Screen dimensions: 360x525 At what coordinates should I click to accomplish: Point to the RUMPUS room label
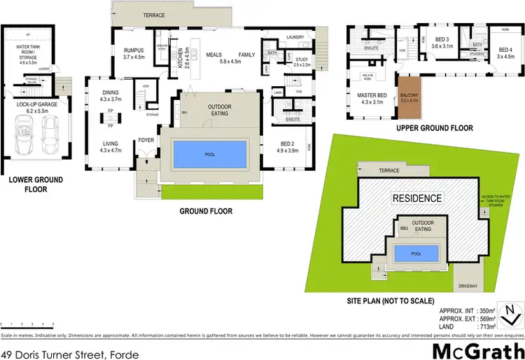coord(133,54)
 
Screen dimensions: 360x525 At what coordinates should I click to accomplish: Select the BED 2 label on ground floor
coord(288,146)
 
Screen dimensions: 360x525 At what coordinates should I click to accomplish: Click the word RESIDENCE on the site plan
coord(416,198)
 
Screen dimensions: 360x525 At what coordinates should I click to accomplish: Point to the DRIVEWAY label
coord(468,286)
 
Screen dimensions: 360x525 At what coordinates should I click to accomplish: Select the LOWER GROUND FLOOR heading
coord(36,184)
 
